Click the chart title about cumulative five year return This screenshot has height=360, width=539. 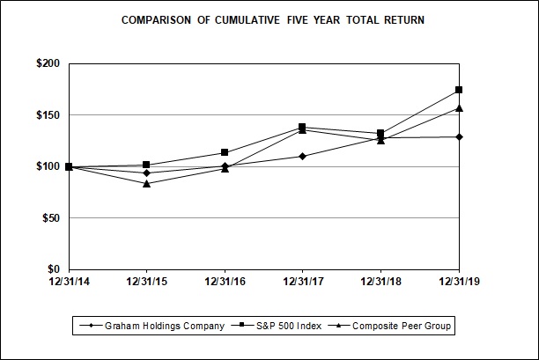pos(272,19)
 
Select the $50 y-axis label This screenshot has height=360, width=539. pos(48,218)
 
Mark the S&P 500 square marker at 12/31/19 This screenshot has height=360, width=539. pos(459,90)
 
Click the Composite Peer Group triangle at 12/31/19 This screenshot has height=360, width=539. pos(459,108)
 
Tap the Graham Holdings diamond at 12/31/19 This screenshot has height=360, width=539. pos(459,136)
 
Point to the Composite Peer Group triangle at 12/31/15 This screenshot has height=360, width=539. pos(146,183)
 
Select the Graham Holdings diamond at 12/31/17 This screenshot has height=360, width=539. pos(302,156)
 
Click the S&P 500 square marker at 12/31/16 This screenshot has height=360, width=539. pos(225,152)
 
